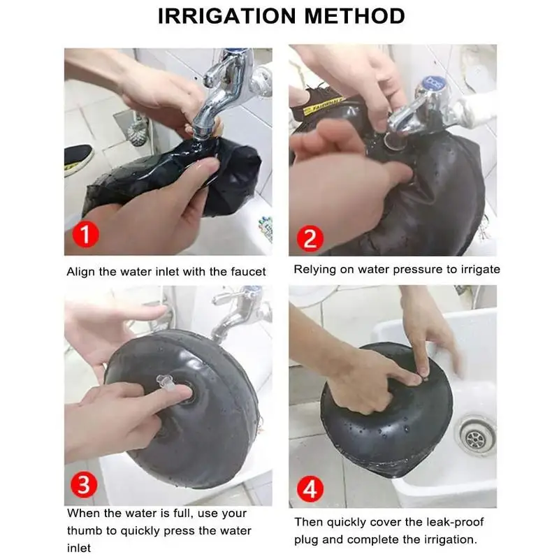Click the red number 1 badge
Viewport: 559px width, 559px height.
(85, 235)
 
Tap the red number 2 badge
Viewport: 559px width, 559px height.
(310, 238)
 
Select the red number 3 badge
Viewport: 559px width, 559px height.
(84, 484)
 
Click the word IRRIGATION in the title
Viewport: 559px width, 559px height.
(227, 16)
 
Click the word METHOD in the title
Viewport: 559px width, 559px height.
(354, 16)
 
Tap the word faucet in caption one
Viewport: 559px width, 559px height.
(248, 272)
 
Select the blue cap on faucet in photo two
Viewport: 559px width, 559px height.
(433, 82)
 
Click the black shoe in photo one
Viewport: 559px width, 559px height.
(78, 159)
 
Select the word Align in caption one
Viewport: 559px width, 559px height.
(81, 272)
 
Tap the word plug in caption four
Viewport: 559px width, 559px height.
(305, 539)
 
